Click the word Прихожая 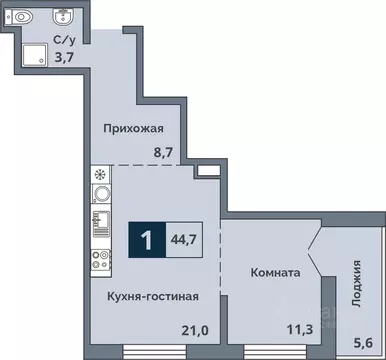point(134,128)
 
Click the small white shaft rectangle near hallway point(208,172)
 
